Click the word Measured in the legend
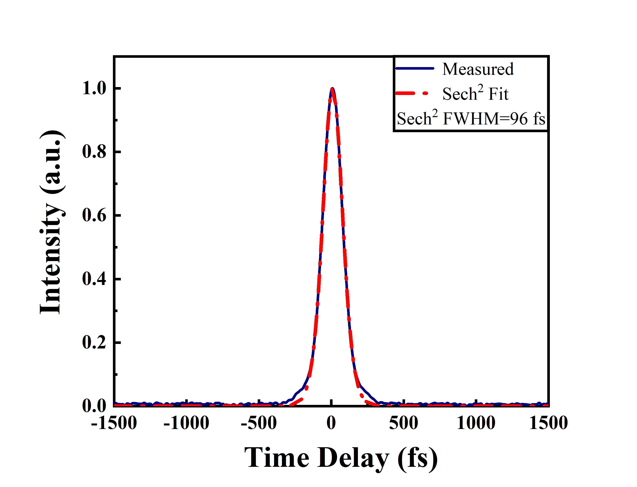[x=478, y=69]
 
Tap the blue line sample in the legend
[x=415, y=68]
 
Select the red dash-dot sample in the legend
[x=412, y=93]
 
